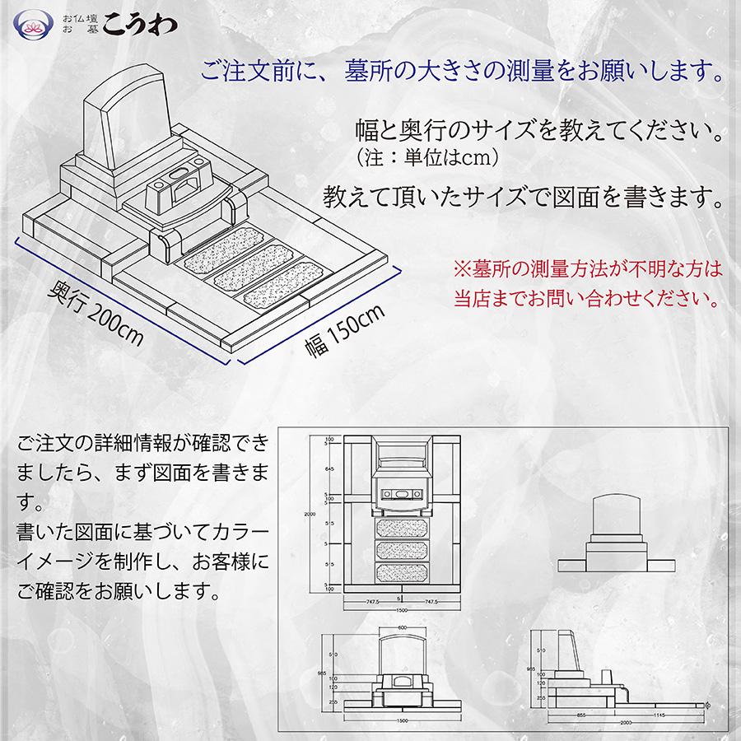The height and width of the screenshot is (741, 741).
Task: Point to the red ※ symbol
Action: click(x=460, y=268)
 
